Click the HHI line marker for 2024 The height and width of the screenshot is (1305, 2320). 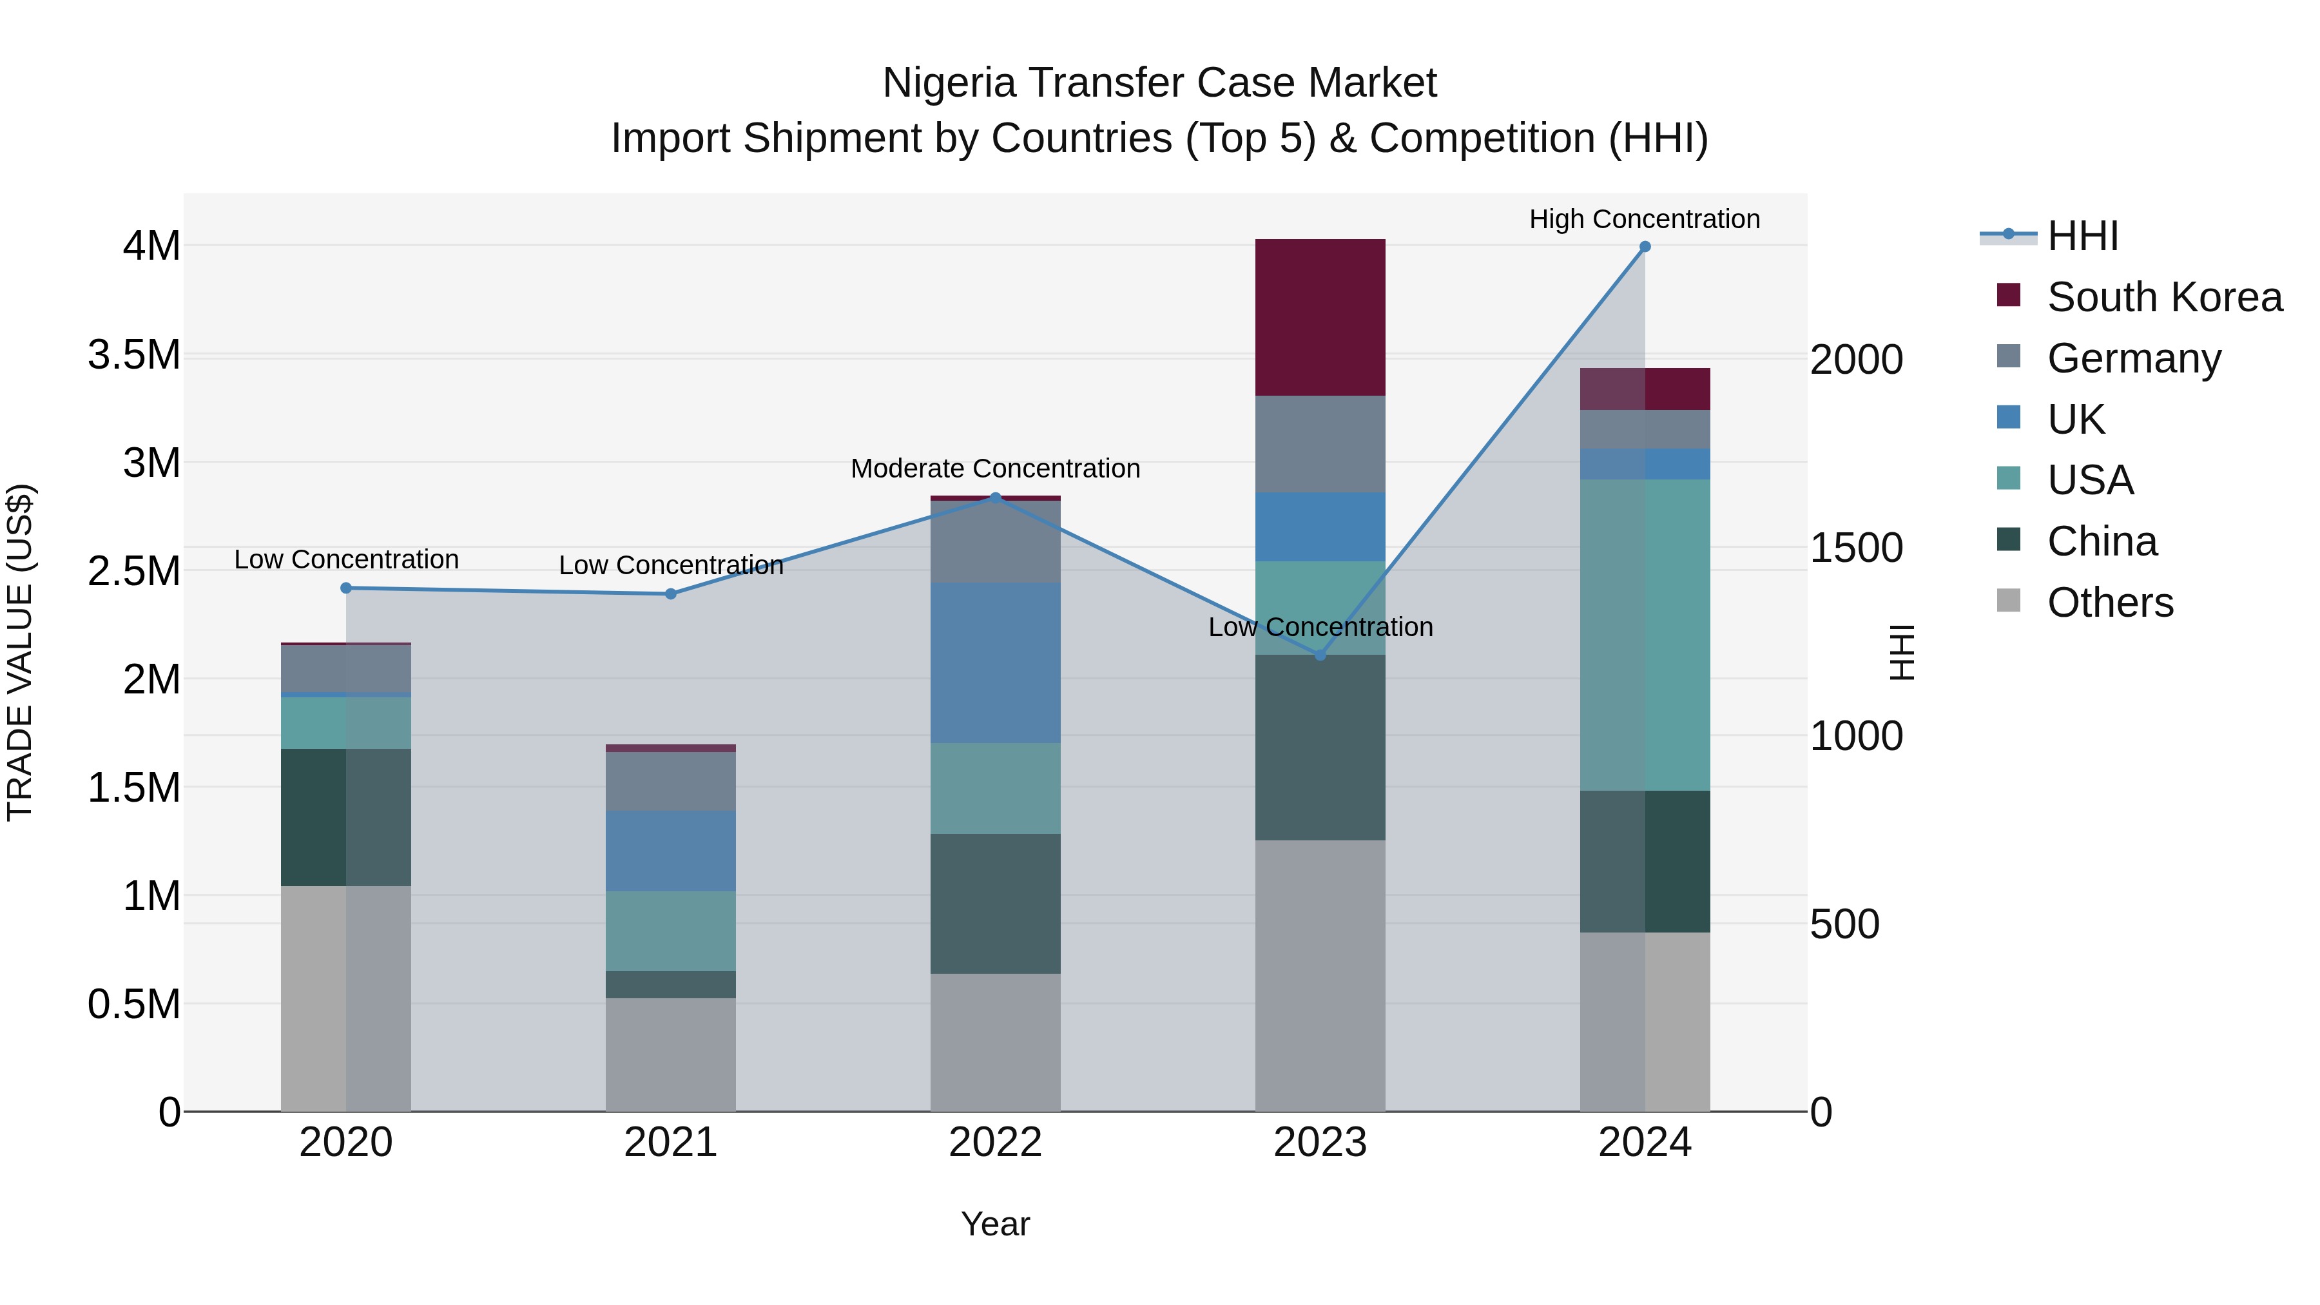1645,247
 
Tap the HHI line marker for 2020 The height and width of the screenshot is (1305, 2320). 346,588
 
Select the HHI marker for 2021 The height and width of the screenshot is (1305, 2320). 670,594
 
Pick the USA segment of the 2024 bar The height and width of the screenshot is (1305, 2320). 1645,634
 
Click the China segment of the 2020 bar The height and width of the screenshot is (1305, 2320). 346,817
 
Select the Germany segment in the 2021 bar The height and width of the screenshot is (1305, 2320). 670,781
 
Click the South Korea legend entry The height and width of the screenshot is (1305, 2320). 2164,297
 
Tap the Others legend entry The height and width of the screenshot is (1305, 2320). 2110,603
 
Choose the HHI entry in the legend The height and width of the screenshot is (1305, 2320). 2082,236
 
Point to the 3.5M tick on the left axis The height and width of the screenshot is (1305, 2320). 134,355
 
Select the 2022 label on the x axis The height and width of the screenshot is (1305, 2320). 995,1143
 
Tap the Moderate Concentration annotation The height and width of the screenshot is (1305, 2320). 995,469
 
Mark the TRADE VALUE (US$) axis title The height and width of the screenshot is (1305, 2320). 20,652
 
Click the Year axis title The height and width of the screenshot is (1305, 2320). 995,1224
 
